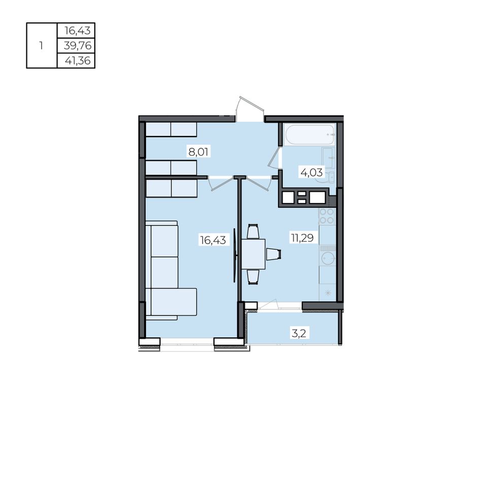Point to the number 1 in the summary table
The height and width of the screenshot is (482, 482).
[41, 46]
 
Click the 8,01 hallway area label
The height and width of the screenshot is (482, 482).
[198, 152]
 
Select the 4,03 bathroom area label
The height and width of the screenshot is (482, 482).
[312, 173]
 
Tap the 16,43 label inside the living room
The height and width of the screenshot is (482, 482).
[213, 240]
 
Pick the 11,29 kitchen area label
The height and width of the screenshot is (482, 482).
[302, 238]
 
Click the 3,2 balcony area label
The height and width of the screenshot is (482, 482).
[299, 333]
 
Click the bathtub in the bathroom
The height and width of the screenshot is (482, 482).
[309, 134]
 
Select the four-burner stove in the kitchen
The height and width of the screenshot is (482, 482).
[327, 216]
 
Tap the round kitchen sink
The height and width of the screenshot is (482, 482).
[328, 258]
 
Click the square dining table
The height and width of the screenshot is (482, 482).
[253, 254]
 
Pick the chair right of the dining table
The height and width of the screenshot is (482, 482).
[273, 255]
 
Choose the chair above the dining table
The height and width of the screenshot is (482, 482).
[253, 232]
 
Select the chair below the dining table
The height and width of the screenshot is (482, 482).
[253, 277]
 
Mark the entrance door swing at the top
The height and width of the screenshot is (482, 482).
[250, 109]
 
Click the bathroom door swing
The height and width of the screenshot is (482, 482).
[274, 157]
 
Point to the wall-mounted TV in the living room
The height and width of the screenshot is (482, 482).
[235, 255]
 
